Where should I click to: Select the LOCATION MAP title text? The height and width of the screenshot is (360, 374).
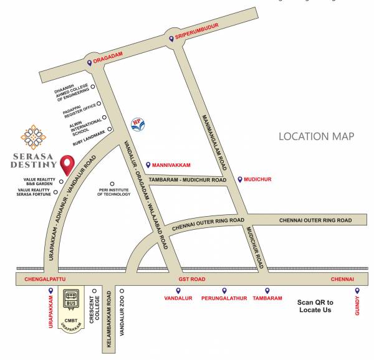(x=316, y=136)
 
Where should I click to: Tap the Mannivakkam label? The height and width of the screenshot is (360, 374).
(x=171, y=165)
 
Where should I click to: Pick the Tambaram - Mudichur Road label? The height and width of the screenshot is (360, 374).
(x=187, y=180)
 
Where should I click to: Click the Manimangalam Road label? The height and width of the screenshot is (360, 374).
(x=214, y=144)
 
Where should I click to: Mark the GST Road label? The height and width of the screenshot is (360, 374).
(x=187, y=279)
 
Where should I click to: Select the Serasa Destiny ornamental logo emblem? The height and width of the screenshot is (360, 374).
(x=32, y=138)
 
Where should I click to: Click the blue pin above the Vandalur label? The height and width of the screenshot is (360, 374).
(x=178, y=290)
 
